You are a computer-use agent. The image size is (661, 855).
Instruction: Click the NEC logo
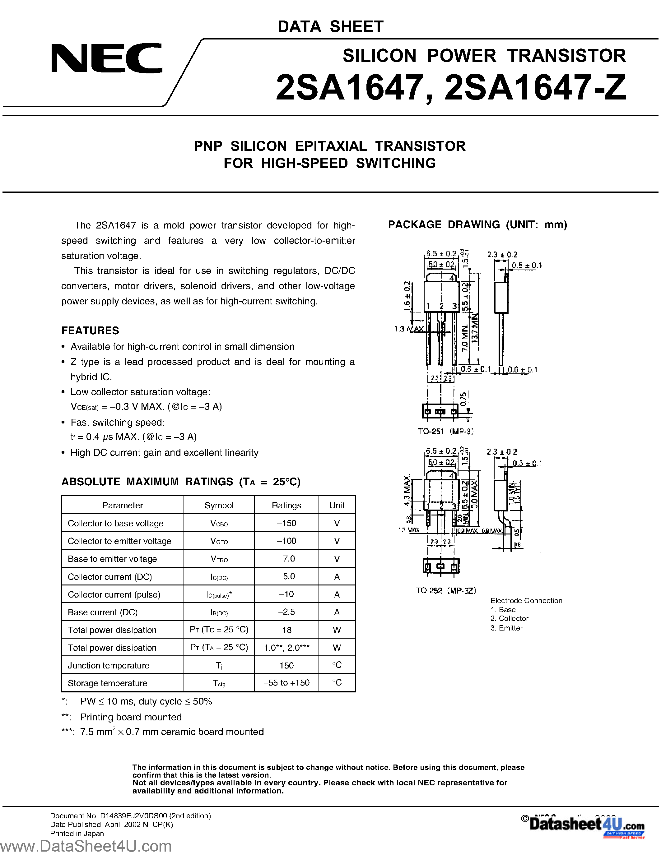(x=106, y=58)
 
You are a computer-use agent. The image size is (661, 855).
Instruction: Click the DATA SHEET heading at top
(x=330, y=27)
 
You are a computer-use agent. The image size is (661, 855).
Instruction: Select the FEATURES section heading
(x=90, y=330)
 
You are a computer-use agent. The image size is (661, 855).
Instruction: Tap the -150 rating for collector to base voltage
(x=287, y=523)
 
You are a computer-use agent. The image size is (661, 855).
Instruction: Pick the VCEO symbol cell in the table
(x=219, y=541)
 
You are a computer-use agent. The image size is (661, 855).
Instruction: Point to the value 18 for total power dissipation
(x=287, y=630)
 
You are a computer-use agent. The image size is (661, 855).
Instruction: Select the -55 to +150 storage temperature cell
(x=287, y=683)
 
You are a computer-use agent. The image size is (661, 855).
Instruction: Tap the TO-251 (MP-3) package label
(x=446, y=432)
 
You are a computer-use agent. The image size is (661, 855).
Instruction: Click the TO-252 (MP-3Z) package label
(x=446, y=590)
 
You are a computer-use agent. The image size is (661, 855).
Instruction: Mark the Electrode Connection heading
(x=526, y=601)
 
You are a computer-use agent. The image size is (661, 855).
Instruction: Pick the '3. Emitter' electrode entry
(x=506, y=628)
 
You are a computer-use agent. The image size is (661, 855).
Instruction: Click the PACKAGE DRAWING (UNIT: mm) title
(x=477, y=225)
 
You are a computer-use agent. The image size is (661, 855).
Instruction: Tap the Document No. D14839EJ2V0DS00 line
(x=130, y=816)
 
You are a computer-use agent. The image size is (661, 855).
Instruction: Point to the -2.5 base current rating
(x=287, y=612)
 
